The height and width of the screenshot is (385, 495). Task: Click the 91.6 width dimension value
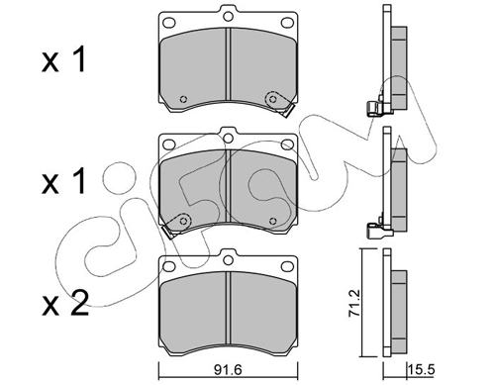pyautogui.click(x=228, y=369)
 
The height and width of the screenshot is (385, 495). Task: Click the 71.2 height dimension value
pyautogui.click(x=353, y=304)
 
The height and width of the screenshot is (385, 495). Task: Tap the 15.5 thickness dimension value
pyautogui.click(x=422, y=369)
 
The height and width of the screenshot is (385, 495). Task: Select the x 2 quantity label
pyautogui.click(x=65, y=303)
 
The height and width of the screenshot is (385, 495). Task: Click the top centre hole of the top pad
pyautogui.click(x=228, y=16)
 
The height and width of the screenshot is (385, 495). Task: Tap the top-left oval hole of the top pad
pyautogui.click(x=169, y=23)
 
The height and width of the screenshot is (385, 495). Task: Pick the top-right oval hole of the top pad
pyautogui.click(x=287, y=23)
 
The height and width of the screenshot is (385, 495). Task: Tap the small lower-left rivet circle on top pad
pyautogui.click(x=183, y=99)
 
